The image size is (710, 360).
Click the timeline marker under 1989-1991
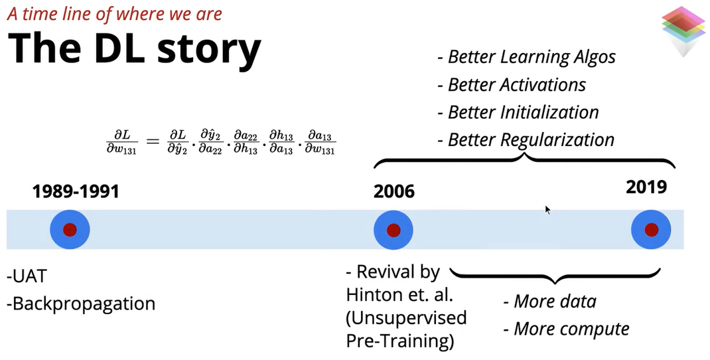(x=70, y=230)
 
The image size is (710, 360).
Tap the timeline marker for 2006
(x=393, y=230)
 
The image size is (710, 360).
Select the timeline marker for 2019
(x=651, y=230)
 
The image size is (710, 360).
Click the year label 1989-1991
(x=76, y=192)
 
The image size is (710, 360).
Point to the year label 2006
(x=393, y=192)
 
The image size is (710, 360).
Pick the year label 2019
(x=646, y=188)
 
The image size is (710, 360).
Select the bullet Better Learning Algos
(x=526, y=57)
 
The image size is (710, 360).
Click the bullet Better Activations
(x=512, y=85)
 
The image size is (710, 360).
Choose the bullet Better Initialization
(x=518, y=112)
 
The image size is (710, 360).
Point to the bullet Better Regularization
(x=526, y=140)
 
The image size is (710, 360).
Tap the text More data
(x=550, y=301)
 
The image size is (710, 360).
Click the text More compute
(x=566, y=329)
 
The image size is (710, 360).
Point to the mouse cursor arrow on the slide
(x=548, y=210)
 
